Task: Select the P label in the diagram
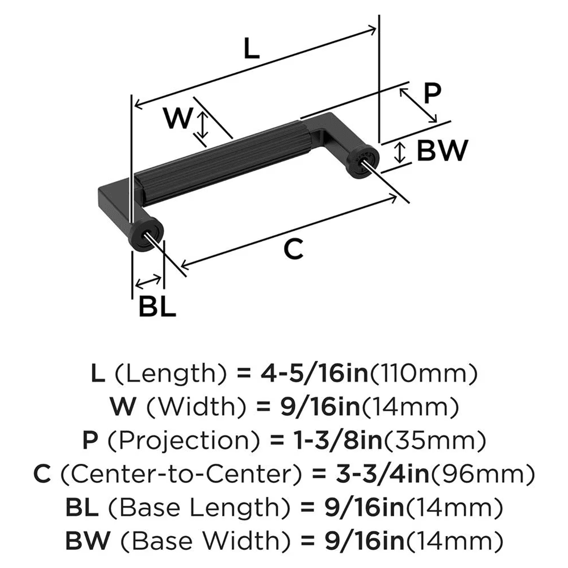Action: (432, 93)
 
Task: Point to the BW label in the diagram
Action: (442, 151)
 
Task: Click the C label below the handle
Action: (293, 248)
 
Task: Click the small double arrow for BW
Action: (401, 152)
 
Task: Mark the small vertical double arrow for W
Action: (202, 126)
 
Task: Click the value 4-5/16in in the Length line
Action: (303, 373)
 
